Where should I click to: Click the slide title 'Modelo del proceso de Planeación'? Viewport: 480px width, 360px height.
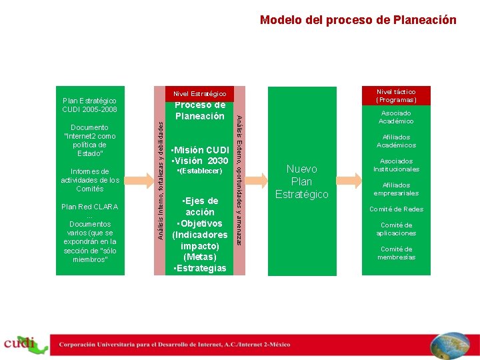point(358,20)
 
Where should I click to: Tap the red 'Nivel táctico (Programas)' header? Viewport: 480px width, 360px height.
point(396,95)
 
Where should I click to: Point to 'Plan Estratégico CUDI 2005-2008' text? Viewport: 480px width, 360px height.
point(89,105)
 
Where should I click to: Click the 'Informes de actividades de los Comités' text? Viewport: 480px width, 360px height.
point(89,180)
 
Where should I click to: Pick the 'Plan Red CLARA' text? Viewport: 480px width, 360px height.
point(89,207)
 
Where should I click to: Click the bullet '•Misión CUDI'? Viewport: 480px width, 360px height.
point(200,150)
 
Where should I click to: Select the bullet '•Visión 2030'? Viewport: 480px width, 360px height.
point(200,161)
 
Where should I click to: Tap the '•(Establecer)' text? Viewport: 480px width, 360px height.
point(199,172)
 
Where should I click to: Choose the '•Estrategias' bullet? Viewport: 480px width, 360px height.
point(199,269)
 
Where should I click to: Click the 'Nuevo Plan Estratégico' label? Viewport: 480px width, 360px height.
point(302,181)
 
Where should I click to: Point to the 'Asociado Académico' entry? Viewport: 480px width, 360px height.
point(396,117)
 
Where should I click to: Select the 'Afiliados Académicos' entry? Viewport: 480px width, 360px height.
point(396,141)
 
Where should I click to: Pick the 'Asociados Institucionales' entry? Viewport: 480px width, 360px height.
point(396,165)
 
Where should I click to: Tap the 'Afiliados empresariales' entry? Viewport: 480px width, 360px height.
point(396,189)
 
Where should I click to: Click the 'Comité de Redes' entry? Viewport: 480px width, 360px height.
point(396,209)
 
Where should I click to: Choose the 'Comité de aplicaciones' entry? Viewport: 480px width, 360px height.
point(396,229)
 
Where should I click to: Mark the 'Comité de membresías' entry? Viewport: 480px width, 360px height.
point(396,253)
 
